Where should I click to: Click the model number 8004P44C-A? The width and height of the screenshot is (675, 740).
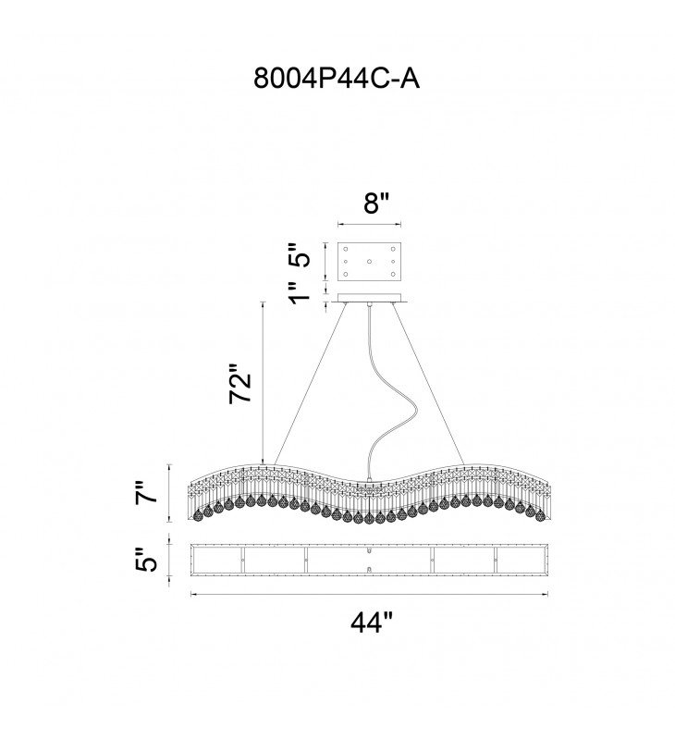pyautogui.click(x=337, y=78)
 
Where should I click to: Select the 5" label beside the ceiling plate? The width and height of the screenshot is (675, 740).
pyautogui.click(x=296, y=254)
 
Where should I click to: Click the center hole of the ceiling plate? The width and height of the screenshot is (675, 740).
pyautogui.click(x=370, y=262)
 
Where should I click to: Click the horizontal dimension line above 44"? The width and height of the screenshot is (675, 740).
pyautogui.click(x=370, y=594)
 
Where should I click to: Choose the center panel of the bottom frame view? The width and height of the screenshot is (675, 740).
pyautogui.click(x=370, y=561)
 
